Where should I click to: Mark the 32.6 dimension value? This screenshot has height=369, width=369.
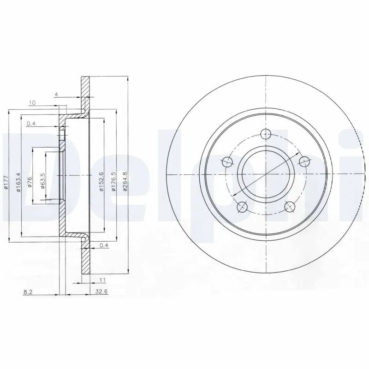(98, 291)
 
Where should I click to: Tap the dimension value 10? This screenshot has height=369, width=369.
(32, 103)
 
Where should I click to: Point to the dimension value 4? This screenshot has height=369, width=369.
(56, 95)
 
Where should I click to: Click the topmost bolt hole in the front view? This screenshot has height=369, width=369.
(266, 135)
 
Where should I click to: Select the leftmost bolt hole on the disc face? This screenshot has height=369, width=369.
(227, 162)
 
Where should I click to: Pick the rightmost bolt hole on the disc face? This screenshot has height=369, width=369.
(304, 161)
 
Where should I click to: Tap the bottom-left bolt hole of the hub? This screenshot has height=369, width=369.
(242, 207)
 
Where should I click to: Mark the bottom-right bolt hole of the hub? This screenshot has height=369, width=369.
(290, 207)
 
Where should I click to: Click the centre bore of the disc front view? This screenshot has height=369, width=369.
(266, 175)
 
